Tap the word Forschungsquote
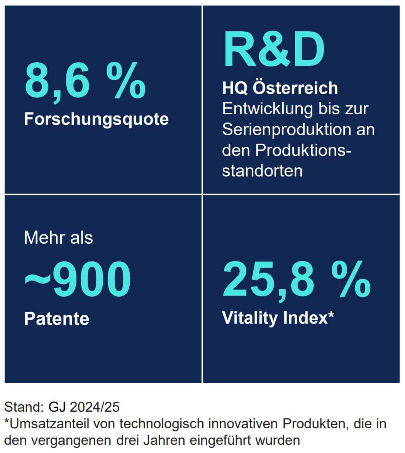tap(96, 119)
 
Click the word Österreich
tap(295, 88)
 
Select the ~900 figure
tap(78, 279)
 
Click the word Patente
tap(56, 319)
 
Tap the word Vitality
tap(249, 318)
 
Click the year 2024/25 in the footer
tap(95, 407)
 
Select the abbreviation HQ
tap(234, 88)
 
